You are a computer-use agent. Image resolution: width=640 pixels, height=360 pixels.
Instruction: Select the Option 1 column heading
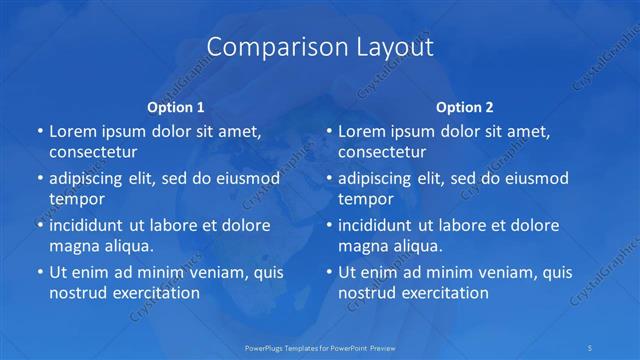[176, 106]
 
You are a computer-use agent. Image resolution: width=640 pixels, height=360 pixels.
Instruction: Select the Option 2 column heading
[465, 106]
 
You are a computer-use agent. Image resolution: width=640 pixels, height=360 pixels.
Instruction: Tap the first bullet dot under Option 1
[39, 132]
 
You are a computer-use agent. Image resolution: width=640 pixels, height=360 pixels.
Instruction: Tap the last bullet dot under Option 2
[328, 273]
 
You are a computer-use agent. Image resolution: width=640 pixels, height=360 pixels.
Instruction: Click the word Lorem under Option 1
[72, 131]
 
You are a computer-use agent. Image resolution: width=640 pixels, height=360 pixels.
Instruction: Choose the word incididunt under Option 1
[92, 225]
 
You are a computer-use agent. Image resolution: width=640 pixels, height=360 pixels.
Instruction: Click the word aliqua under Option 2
[414, 245]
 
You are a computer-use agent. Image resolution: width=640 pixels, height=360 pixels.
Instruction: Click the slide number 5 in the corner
[591, 348]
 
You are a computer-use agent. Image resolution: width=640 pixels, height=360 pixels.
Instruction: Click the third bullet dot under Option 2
[328, 226]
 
